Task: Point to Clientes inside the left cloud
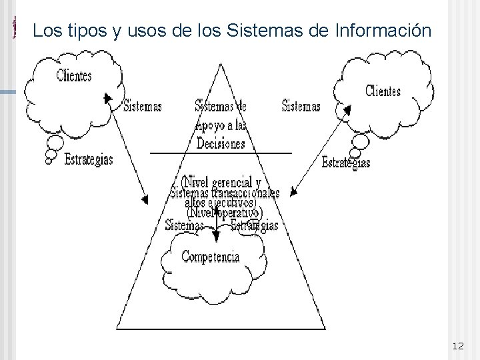tap(73, 75)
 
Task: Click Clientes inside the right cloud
tap(383, 90)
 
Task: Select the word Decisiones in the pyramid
tap(221, 144)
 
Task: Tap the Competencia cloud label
tap(210, 255)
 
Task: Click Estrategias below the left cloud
tap(89, 159)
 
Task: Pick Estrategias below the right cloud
tap(345, 162)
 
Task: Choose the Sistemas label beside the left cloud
tap(143, 105)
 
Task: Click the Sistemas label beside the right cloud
tap(301, 105)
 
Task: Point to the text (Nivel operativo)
tap(224, 213)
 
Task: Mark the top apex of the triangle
tap(221, 62)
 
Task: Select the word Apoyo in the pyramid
tap(209, 125)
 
